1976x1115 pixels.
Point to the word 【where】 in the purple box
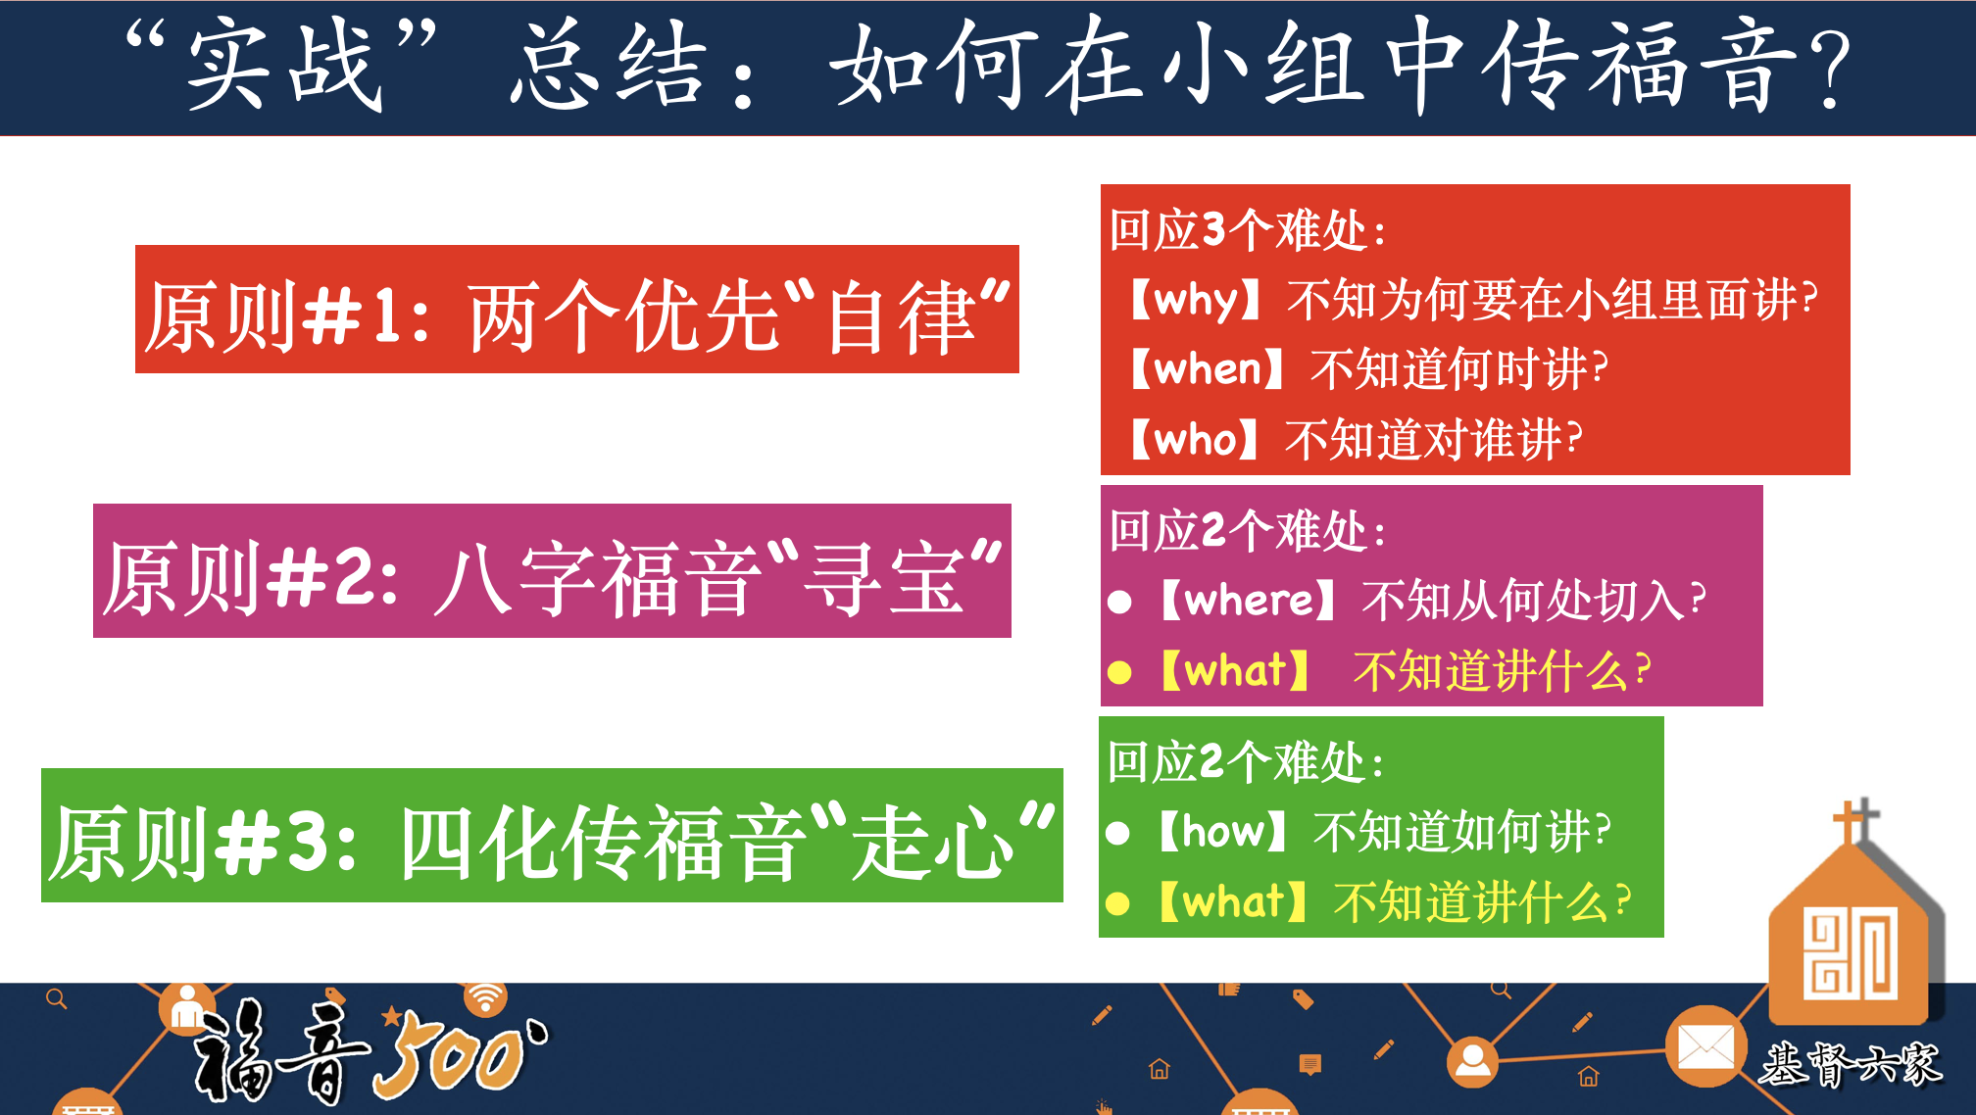point(1248,600)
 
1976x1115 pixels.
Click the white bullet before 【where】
point(1119,602)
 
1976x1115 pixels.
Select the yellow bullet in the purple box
point(1119,672)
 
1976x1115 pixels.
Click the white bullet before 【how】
point(1117,833)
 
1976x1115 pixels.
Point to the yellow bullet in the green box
point(1117,903)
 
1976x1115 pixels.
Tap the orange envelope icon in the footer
point(1705,1046)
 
